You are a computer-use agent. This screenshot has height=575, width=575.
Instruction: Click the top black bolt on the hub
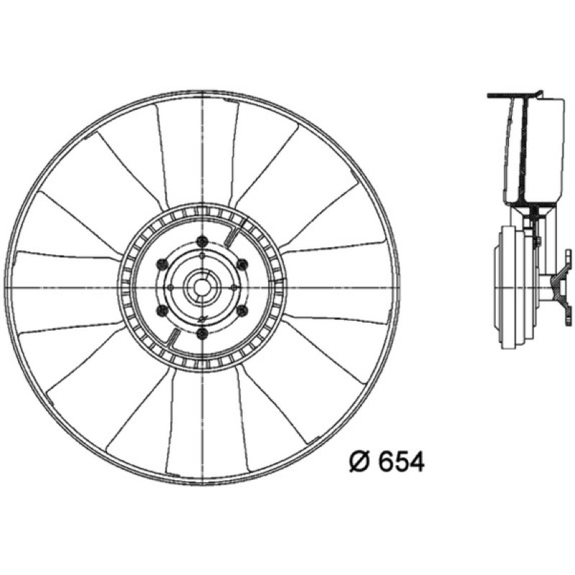[202, 241]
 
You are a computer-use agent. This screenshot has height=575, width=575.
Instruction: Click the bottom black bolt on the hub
[202, 333]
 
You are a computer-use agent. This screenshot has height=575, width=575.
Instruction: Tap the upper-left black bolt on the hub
[162, 264]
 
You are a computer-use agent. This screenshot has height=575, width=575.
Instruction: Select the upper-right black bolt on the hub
[242, 264]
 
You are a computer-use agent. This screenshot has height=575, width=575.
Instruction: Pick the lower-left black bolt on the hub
[162, 311]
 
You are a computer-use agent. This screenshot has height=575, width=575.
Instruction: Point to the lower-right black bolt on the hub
[242, 311]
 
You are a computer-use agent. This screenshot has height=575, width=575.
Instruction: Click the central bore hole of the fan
[201, 287]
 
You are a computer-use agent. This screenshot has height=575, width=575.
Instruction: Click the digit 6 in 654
[386, 461]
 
